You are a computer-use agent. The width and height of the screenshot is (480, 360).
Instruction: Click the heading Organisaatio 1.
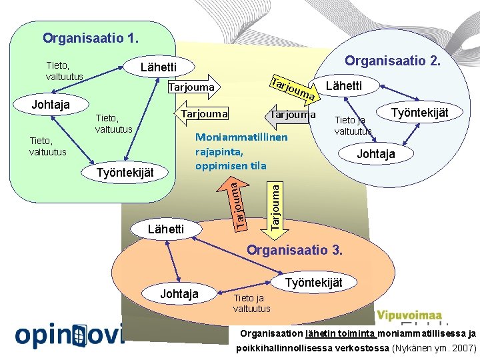tap(91, 37)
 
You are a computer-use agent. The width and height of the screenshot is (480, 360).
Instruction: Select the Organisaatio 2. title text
tap(392, 61)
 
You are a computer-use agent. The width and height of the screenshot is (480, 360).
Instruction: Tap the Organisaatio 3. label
tap(295, 251)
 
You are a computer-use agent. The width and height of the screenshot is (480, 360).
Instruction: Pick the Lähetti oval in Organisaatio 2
tap(344, 86)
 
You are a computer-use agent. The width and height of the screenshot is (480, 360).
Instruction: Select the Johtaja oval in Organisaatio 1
tap(51, 105)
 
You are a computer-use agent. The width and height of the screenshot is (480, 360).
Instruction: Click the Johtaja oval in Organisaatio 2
tap(376, 154)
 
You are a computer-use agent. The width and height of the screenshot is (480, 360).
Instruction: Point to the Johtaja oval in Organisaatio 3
tap(179, 294)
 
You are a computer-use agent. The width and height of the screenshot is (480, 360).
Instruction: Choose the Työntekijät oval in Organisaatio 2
tap(419, 113)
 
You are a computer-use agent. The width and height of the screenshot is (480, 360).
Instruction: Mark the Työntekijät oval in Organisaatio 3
tap(313, 283)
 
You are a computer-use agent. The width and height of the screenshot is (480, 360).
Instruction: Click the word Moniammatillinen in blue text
tap(241, 137)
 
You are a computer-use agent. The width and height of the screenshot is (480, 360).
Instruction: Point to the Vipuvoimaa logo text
tap(409, 315)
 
